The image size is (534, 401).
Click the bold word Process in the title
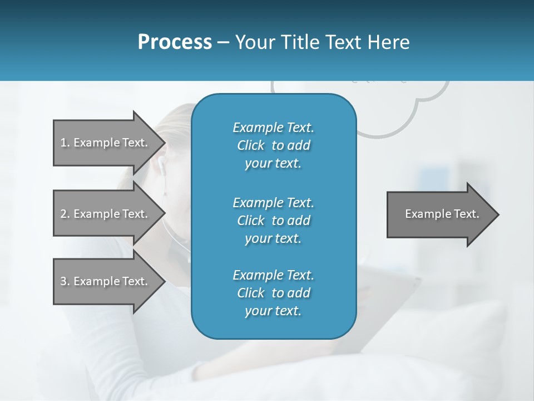(x=175, y=42)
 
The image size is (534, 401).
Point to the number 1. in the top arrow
(x=65, y=143)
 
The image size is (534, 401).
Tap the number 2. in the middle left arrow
(x=65, y=214)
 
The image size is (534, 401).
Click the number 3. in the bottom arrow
(x=65, y=281)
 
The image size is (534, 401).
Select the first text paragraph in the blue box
(x=273, y=145)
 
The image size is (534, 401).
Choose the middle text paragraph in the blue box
(x=273, y=220)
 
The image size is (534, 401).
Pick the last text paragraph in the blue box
(x=273, y=293)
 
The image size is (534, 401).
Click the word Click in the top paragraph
(x=251, y=145)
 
